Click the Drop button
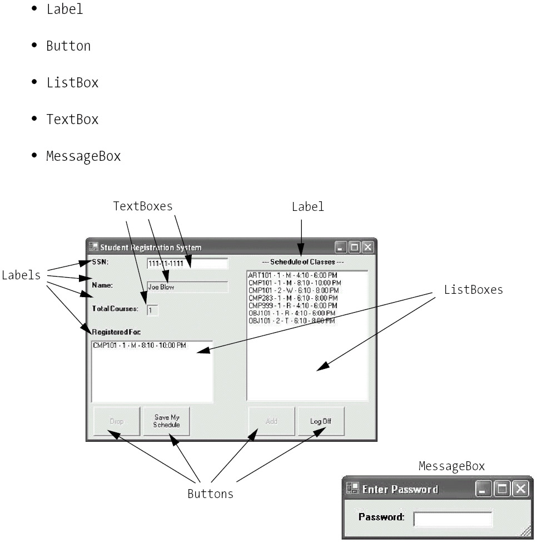pos(116,421)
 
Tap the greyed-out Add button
pos(271,421)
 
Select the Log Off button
pos(321,421)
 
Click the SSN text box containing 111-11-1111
pos(187,264)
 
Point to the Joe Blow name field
pos(187,287)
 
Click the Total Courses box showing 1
pos(152,311)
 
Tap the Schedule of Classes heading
pos(303,262)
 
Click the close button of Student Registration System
pos(367,247)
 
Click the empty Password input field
pos(453,519)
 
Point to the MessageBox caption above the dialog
pos(451,466)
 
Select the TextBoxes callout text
pos(143,206)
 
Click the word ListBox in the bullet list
pos(72,83)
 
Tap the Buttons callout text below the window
pos(210,494)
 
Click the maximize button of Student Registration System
pos(354,247)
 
